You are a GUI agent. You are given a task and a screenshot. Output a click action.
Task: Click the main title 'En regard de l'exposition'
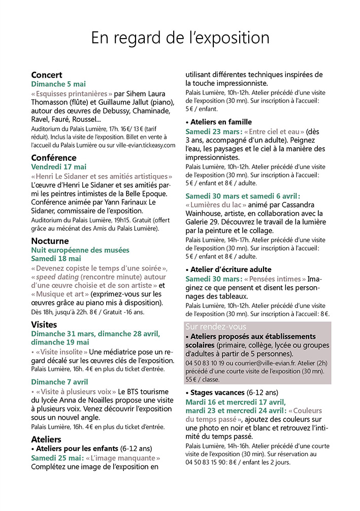(x=180, y=38)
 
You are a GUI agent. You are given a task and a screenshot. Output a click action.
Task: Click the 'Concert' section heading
(x=47, y=75)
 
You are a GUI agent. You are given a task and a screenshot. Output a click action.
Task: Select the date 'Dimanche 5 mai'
(x=58, y=84)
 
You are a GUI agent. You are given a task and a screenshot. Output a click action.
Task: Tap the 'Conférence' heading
(x=54, y=157)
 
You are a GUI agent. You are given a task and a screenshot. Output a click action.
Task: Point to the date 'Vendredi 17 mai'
(x=59, y=166)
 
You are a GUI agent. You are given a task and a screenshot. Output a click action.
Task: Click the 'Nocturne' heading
(x=50, y=241)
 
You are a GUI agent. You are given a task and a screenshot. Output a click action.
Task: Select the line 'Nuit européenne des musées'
(x=80, y=250)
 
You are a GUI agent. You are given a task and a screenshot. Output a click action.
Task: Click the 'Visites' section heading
(x=44, y=324)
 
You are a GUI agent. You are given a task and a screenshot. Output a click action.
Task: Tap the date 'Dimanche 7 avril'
(x=60, y=381)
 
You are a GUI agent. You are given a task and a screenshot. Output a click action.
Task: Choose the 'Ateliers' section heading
(x=46, y=439)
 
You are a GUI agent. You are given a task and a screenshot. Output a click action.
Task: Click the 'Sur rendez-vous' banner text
(x=216, y=327)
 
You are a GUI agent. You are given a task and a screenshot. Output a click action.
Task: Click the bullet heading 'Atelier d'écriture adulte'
(x=228, y=269)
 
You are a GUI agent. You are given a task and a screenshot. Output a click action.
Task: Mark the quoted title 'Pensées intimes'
(x=275, y=279)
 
